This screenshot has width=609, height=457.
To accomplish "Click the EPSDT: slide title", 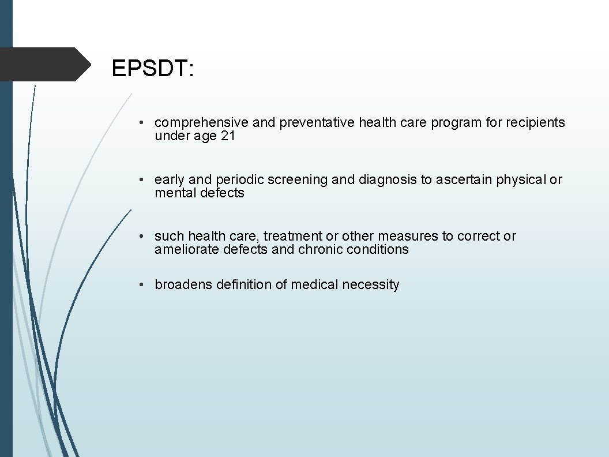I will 153,69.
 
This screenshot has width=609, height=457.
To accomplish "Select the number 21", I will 228,136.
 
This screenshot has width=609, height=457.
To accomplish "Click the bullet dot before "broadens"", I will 141,285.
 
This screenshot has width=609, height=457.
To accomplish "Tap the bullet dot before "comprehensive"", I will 141,123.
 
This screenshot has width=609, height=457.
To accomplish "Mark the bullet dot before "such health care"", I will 141,237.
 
